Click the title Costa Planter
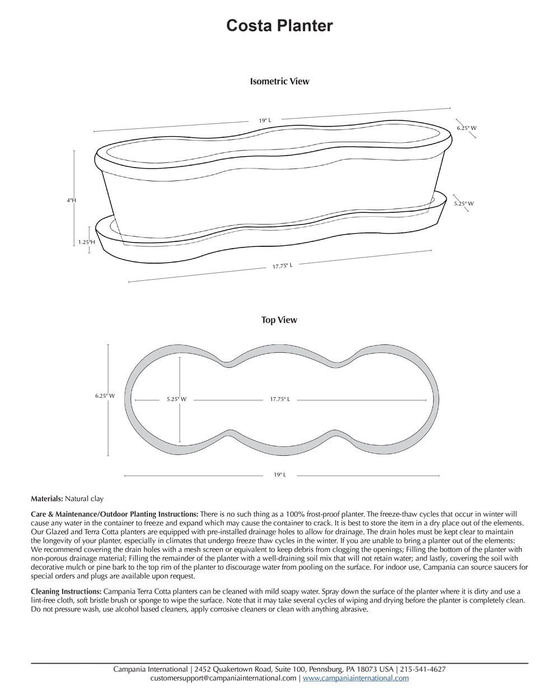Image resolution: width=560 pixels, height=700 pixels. [279, 26]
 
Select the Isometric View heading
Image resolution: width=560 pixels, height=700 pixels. [279, 81]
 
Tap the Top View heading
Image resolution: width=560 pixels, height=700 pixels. [279, 320]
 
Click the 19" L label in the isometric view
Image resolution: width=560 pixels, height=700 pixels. [265, 120]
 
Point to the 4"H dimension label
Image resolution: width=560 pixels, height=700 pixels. [71, 200]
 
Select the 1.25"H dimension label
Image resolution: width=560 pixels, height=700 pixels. [86, 242]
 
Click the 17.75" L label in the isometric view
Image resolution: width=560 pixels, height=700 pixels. [282, 266]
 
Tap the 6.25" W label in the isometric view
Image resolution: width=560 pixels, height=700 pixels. [466, 128]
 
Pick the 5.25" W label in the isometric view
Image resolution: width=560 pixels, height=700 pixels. [464, 203]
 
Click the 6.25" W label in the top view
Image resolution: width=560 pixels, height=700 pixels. [105, 396]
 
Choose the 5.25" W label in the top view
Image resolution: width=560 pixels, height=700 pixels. [176, 399]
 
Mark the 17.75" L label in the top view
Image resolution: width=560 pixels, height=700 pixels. [280, 399]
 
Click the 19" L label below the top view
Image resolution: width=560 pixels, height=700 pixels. [280, 475]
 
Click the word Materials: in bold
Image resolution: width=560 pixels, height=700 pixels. [46, 498]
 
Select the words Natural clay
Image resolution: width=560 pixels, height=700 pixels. [84, 498]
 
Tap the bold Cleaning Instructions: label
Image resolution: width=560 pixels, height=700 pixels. [66, 591]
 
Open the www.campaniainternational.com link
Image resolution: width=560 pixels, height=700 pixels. [356, 678]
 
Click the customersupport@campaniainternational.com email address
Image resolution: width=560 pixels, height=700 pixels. [223, 678]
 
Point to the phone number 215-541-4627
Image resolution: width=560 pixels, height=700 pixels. [423, 669]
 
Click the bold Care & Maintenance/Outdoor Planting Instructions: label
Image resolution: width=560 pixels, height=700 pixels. [114, 514]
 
